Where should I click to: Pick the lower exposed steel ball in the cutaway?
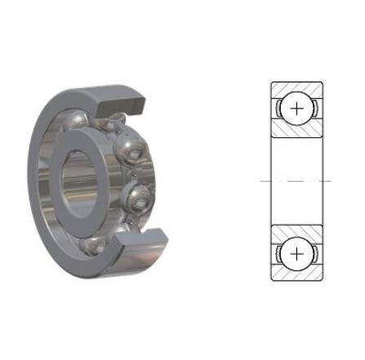(138, 197)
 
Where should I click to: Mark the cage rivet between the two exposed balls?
(131, 172)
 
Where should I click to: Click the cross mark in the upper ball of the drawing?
(296, 109)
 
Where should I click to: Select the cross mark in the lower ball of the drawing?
(296, 253)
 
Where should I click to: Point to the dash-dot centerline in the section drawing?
(296, 180)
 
